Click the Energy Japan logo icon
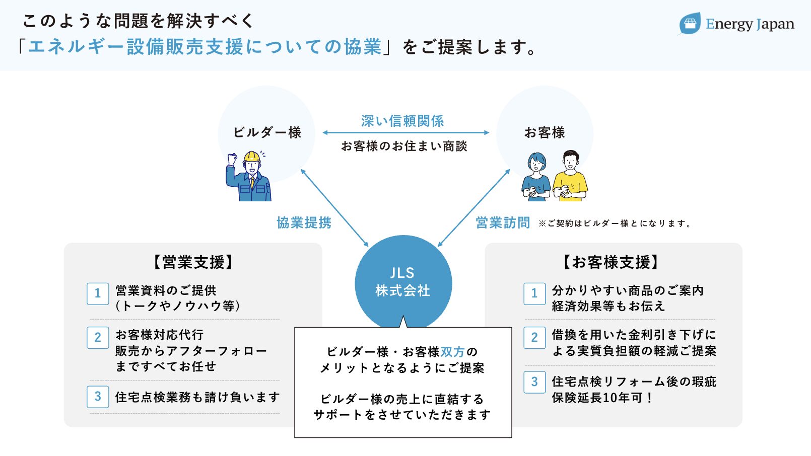coord(690,24)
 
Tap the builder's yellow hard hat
coord(252,157)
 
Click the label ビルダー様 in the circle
coord(267,132)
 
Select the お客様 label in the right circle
coord(545,132)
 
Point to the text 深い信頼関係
coord(402,121)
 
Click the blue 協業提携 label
coord(304,222)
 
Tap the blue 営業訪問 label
coord(503,222)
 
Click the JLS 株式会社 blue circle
coord(403,282)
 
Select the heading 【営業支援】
coord(193,262)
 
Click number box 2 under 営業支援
coord(98,337)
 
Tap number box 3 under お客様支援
coord(534,382)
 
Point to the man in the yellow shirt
coord(570,176)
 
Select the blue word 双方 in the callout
coord(452,352)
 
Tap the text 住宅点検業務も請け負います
coord(197,397)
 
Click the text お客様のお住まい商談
coord(404,146)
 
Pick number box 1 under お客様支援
coord(534,293)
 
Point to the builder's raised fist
coord(232,159)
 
